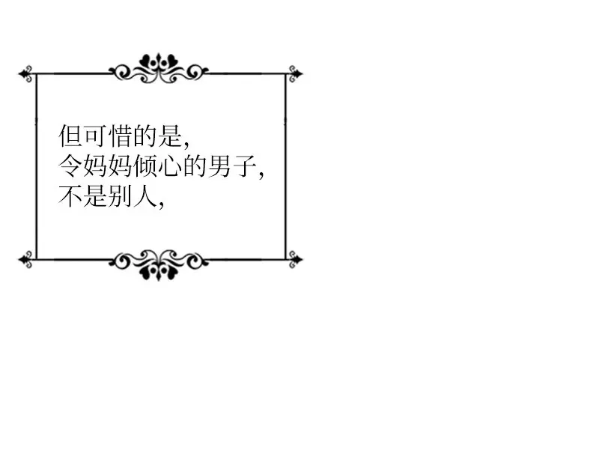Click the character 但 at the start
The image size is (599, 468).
tap(70, 136)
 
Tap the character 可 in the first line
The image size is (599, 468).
tap(96, 136)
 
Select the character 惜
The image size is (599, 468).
tap(121, 136)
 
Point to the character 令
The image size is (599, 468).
tap(70, 166)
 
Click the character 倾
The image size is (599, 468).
tap(145, 166)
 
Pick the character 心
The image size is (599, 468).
tap(170, 166)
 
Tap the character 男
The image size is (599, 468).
tap(220, 166)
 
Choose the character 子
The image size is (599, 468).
tap(245, 166)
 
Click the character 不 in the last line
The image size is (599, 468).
tap(70, 196)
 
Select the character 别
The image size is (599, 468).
tap(121, 196)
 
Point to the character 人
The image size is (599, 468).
tap(145, 196)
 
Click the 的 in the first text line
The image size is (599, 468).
tap(145, 136)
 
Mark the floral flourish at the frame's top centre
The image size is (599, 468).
tap(159, 68)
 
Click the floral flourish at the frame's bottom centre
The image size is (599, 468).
tap(159, 265)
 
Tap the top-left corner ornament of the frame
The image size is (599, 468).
tap(26, 73)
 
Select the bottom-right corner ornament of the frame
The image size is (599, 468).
tap(295, 259)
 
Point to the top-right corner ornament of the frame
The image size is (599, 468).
tap(295, 73)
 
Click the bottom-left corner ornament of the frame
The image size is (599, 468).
tap(26, 259)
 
